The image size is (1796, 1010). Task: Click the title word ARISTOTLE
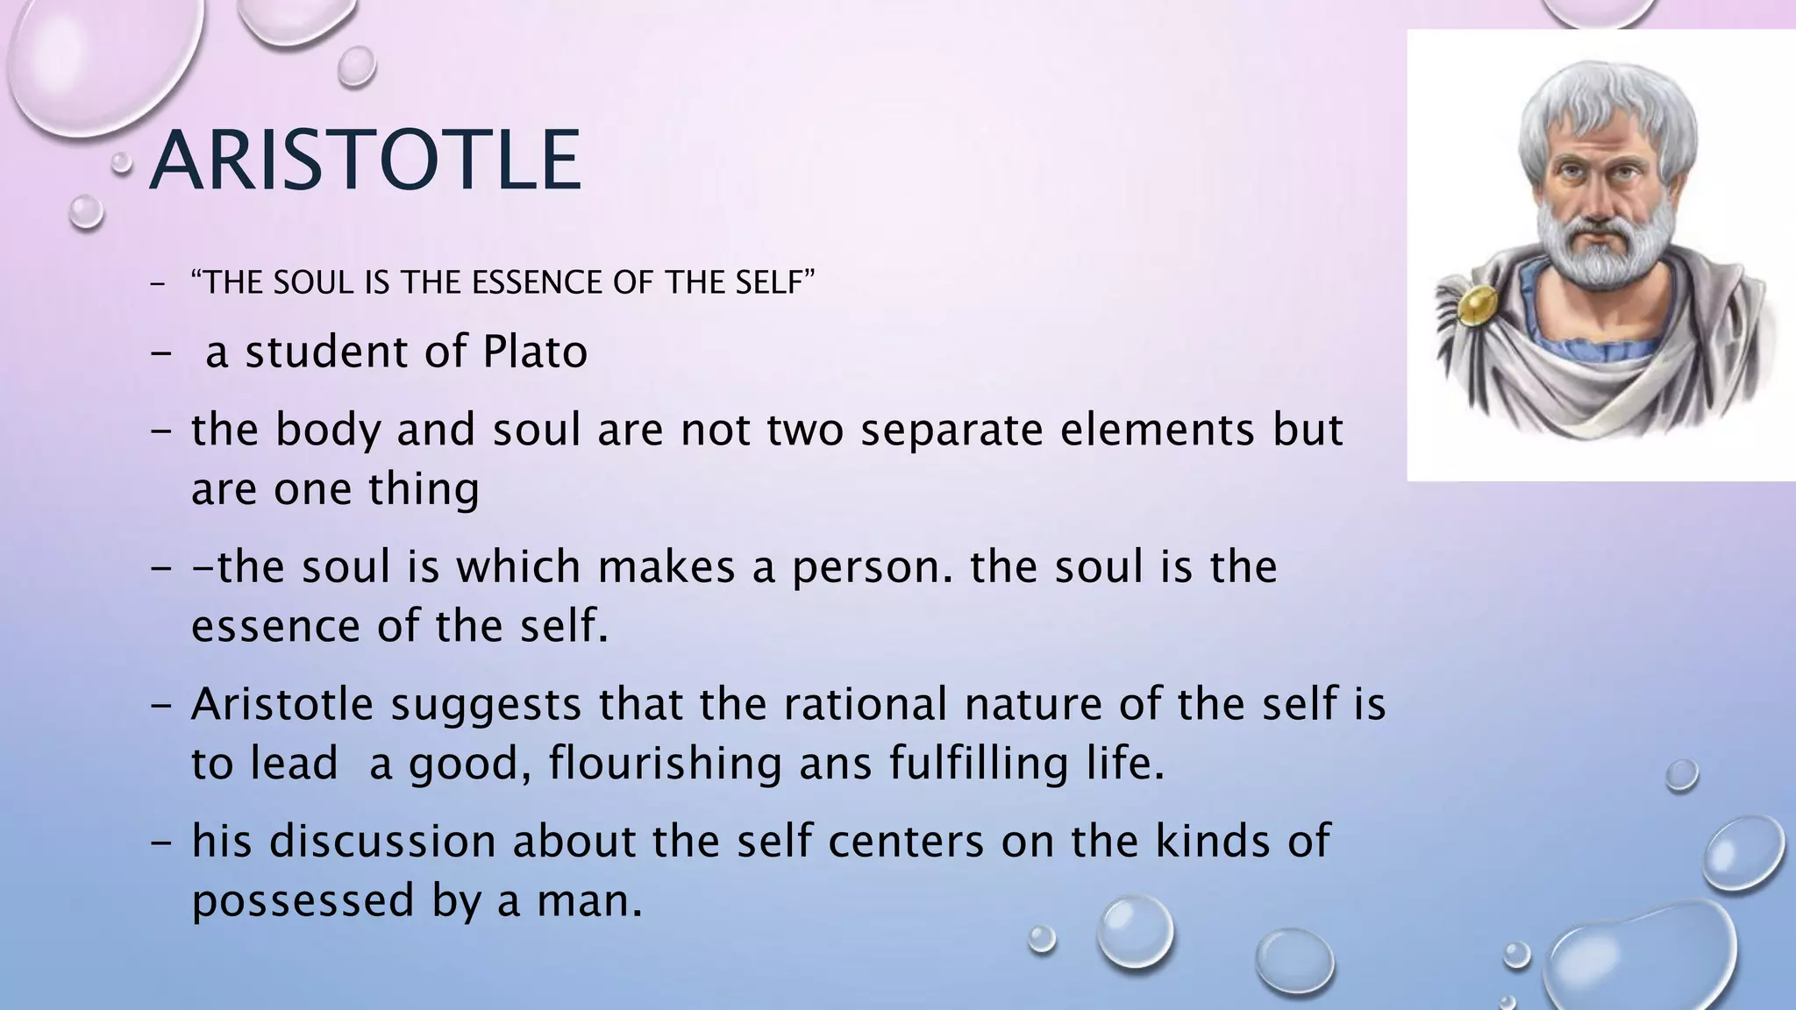[365, 160]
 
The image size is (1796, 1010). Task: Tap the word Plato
[535, 352]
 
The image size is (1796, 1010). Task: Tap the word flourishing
[666, 763]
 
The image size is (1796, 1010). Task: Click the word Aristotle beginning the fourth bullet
[282, 704]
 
